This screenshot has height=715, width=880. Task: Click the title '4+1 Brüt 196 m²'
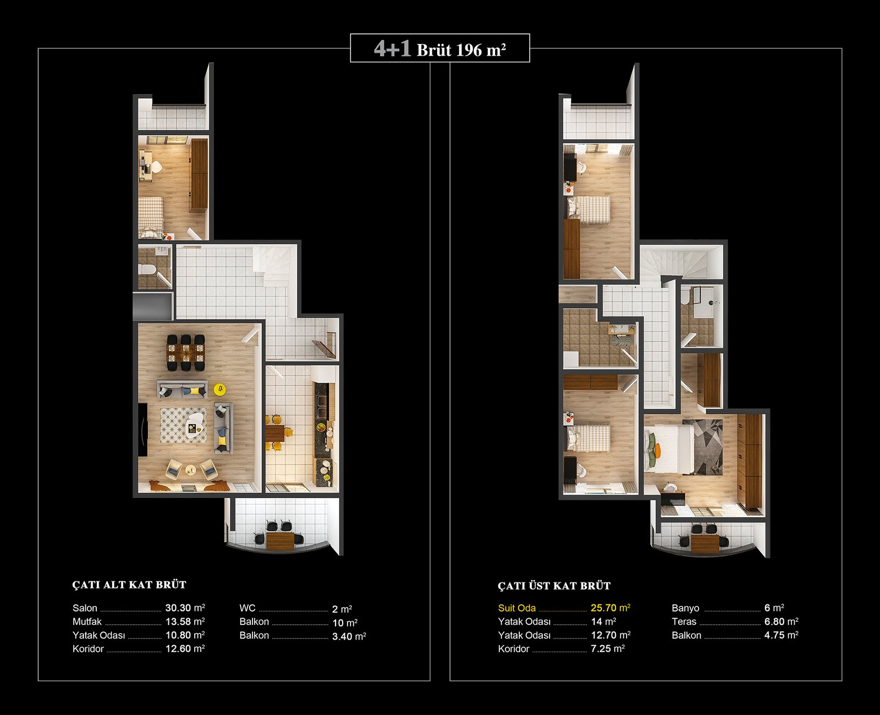click(x=440, y=50)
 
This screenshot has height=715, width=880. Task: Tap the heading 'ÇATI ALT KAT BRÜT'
click(x=129, y=585)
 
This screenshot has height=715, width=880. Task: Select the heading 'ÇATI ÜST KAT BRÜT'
click(x=554, y=586)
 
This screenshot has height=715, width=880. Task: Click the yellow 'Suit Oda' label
click(x=517, y=608)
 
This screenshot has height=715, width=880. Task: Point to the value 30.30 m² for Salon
click(x=185, y=608)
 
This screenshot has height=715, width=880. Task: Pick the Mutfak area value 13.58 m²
click(x=185, y=621)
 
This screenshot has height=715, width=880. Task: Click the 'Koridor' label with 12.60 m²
click(x=88, y=649)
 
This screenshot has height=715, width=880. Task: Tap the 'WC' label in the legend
click(x=248, y=608)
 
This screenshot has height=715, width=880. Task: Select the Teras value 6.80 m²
click(x=781, y=621)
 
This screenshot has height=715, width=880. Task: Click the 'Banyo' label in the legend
click(x=685, y=608)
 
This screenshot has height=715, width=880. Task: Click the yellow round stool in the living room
click(x=219, y=389)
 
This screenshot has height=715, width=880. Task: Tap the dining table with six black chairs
click(x=185, y=353)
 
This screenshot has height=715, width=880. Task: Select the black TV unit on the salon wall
click(x=142, y=430)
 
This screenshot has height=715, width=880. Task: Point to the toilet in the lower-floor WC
click(x=147, y=269)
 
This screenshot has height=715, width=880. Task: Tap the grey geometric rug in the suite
click(x=703, y=447)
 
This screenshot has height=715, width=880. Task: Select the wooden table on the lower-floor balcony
click(x=280, y=541)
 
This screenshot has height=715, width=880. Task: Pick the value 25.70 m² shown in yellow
click(x=610, y=608)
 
